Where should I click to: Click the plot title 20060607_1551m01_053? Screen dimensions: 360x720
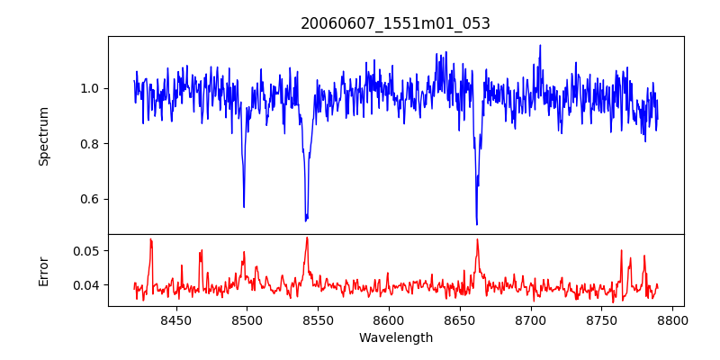pyautogui.click(x=395, y=23)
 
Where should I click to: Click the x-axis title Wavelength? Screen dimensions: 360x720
pyautogui.click(x=395, y=337)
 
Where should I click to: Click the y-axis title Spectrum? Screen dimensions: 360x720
pyautogui.click(x=43, y=136)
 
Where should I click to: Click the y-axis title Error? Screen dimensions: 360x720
pyautogui.click(x=43, y=270)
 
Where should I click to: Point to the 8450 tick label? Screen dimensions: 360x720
pyautogui.click(x=175, y=319)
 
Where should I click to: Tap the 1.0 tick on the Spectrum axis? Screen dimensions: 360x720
pyautogui.click(x=91, y=88)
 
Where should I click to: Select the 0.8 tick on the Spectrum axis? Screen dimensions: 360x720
pyautogui.click(x=91, y=144)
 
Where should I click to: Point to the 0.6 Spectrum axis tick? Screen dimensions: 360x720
pyautogui.click(x=91, y=199)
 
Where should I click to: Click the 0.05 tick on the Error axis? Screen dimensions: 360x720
pyautogui.click(x=87, y=250)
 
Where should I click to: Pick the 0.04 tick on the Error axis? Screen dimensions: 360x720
pyautogui.click(x=87, y=285)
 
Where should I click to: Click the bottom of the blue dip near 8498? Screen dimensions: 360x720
pyautogui.click(x=244, y=207)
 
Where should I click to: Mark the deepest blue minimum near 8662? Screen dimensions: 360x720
pyautogui.click(x=476, y=224)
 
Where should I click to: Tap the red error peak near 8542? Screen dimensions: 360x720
pyautogui.click(x=307, y=238)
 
